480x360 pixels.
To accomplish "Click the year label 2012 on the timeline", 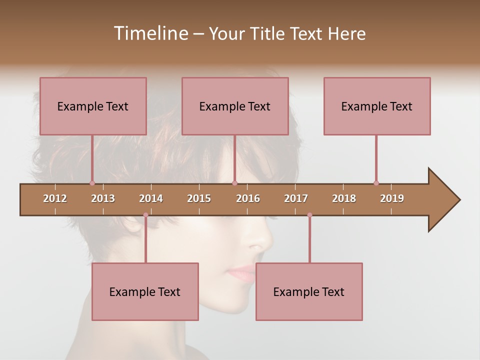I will [x=55, y=198].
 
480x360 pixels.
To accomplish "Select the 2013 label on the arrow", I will [x=103, y=198].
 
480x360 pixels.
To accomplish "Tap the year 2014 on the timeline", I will [x=151, y=198].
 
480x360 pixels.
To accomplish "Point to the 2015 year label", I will [x=199, y=198].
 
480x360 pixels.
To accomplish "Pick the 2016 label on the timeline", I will [x=248, y=198].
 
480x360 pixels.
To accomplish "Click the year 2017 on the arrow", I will [x=296, y=198].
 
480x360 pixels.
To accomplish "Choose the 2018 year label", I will [x=344, y=198].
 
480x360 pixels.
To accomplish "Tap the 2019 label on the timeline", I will [x=392, y=198].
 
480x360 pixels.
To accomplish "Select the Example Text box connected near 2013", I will [x=93, y=106].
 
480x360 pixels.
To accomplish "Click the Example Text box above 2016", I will [x=235, y=106].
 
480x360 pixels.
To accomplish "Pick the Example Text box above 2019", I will [x=377, y=106].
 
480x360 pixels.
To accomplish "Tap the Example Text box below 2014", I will [x=145, y=291].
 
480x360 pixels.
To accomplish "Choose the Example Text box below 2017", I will [x=309, y=291].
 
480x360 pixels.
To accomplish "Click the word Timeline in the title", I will [x=150, y=33].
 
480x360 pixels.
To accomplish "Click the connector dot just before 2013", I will [x=92, y=183].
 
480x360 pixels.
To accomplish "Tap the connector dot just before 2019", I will [x=376, y=183].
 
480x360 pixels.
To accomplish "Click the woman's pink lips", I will [x=241, y=272].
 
